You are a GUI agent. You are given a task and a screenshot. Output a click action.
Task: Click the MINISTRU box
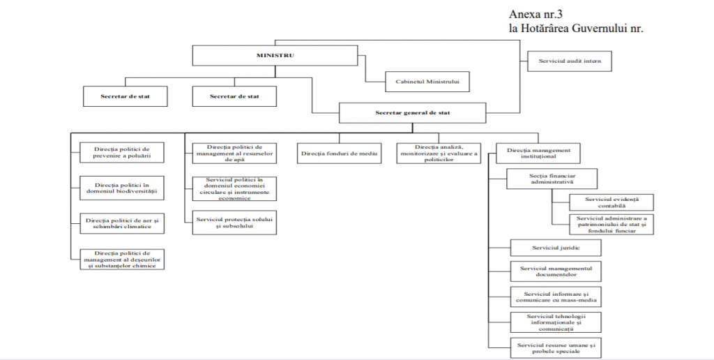(x=275, y=56)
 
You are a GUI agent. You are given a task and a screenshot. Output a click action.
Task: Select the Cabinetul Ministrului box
(x=427, y=82)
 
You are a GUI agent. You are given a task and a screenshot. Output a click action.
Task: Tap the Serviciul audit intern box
(x=569, y=61)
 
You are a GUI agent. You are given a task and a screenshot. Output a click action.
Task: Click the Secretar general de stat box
(x=412, y=112)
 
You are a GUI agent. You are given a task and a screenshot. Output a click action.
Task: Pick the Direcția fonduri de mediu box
(x=340, y=153)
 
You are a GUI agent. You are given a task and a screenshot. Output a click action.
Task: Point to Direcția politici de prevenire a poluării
(x=122, y=153)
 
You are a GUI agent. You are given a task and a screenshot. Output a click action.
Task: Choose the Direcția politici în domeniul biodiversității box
(x=122, y=188)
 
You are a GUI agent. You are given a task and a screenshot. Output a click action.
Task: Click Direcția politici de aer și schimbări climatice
(x=122, y=223)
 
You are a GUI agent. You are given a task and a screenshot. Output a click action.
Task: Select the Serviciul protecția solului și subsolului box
(x=234, y=223)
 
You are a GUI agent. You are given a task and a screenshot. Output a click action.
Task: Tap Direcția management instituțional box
(x=538, y=153)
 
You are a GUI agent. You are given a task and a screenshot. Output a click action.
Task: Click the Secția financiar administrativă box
(x=552, y=179)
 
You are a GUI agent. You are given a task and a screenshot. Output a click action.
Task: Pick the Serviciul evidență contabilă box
(x=612, y=202)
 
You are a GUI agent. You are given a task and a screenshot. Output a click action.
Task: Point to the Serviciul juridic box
(x=556, y=248)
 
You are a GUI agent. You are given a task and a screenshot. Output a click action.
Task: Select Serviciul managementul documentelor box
(x=556, y=271)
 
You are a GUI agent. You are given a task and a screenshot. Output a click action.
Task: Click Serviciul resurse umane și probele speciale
(x=556, y=348)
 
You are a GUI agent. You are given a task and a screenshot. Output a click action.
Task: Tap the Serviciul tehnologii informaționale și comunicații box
(x=556, y=322)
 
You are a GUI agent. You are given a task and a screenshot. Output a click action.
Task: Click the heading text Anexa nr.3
(x=535, y=14)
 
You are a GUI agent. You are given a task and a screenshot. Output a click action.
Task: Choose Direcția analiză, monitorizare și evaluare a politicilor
(x=439, y=153)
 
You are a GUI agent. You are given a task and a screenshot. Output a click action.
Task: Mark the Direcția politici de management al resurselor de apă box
(x=234, y=153)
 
